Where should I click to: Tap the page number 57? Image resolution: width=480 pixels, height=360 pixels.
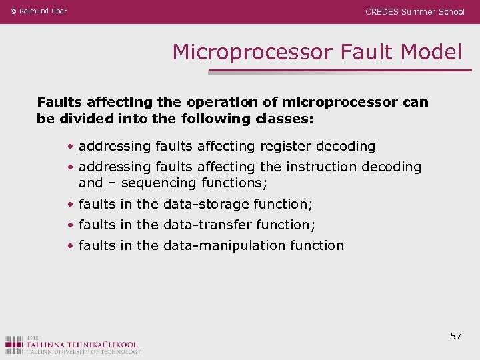(x=456, y=336)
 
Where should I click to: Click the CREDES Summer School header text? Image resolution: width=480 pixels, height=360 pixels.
(x=415, y=11)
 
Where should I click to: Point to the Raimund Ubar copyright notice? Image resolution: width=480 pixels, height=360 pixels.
(x=39, y=11)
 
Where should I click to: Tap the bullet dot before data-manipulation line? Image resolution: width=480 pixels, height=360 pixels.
(x=70, y=246)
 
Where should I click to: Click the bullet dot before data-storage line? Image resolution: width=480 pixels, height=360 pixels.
(x=70, y=205)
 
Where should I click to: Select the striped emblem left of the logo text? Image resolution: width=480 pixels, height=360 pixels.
(x=14, y=345)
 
